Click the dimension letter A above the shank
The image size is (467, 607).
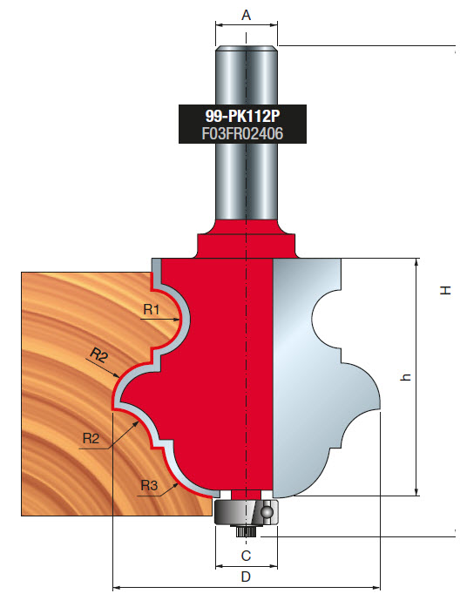point(246,15)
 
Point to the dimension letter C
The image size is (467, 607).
point(246,554)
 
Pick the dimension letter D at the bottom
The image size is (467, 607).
point(246,577)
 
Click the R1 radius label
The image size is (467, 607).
point(152,308)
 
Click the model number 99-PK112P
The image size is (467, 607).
point(233,115)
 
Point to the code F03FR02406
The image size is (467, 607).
point(233,133)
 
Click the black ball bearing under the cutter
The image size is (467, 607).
point(247,510)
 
